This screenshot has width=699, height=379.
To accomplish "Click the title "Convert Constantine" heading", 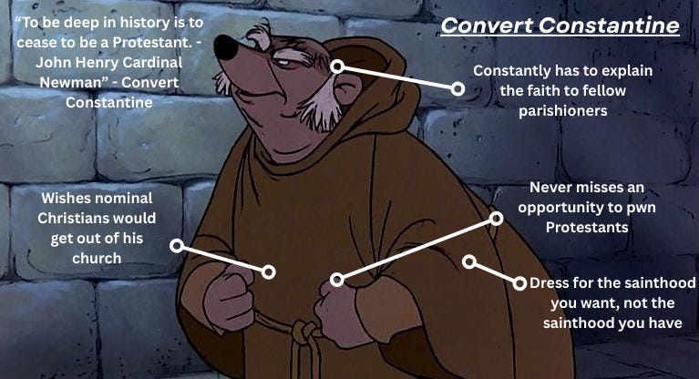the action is coord(560,26).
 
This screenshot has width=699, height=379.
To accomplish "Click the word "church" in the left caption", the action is coord(96,259).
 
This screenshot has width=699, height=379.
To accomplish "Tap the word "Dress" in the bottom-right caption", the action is coord(551,283).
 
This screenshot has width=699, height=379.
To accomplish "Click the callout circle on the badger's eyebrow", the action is coord(336,67).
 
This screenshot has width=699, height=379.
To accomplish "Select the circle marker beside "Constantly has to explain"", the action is coord(457,88).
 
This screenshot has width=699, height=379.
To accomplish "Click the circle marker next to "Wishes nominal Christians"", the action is coord(176,246).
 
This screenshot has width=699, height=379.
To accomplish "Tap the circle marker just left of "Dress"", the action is coord(520,283).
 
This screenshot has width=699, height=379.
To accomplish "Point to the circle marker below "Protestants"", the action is coord(496,219).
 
